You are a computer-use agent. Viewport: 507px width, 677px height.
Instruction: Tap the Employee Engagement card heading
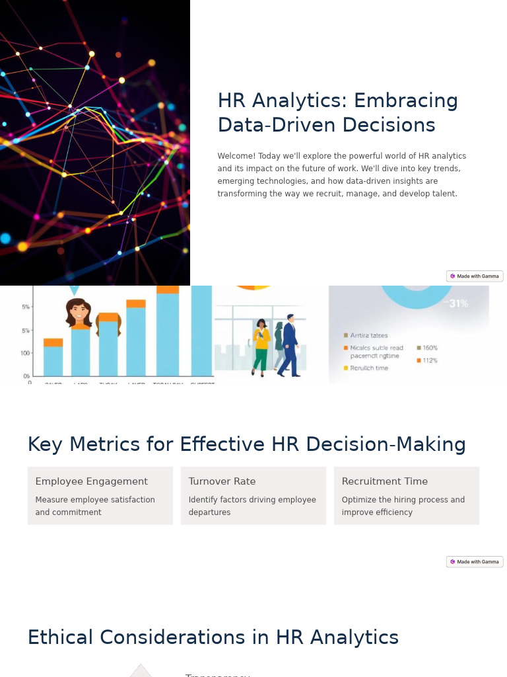pyautogui.click(x=91, y=481)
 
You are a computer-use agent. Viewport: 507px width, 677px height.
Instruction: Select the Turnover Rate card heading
pyautogui.click(x=222, y=481)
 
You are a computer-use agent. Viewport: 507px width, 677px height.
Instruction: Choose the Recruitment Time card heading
pyautogui.click(x=384, y=481)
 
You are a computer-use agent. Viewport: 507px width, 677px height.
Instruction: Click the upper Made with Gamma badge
pyautogui.click(x=475, y=276)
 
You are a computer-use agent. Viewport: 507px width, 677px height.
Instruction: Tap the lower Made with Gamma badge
pyautogui.click(x=475, y=562)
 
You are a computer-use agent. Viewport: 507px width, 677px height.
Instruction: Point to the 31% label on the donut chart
pyautogui.click(x=458, y=303)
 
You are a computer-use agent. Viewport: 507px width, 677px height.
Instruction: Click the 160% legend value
pyautogui.click(x=430, y=348)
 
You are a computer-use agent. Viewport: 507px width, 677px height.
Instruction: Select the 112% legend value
pyautogui.click(x=430, y=360)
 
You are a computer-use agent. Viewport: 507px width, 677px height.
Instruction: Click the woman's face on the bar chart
pyautogui.click(x=79, y=312)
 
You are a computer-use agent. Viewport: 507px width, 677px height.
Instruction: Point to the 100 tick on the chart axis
pyautogui.click(x=25, y=353)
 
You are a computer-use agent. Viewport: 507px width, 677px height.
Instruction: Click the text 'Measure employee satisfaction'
pyautogui.click(x=95, y=500)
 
